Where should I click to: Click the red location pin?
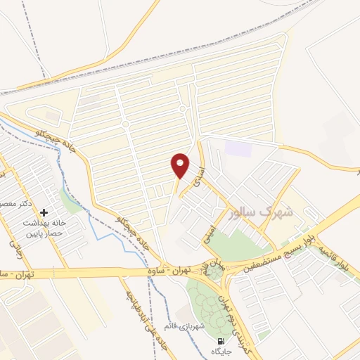point(181,165)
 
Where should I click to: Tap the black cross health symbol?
point(44,212)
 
